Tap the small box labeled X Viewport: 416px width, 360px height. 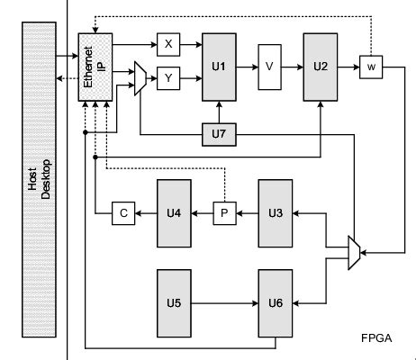[168, 44]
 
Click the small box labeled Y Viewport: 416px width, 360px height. [168, 79]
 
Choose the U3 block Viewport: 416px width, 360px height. [276, 214]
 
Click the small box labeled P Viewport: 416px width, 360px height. [224, 214]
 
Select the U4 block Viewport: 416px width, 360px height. [175, 214]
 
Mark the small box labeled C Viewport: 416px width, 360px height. [122, 214]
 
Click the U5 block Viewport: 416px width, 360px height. [175, 301]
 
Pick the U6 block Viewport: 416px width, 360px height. [276, 301]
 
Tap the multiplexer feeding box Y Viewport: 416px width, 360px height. [139, 79]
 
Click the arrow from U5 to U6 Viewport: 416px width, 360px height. [225, 301]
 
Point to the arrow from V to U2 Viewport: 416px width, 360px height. [294, 67]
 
